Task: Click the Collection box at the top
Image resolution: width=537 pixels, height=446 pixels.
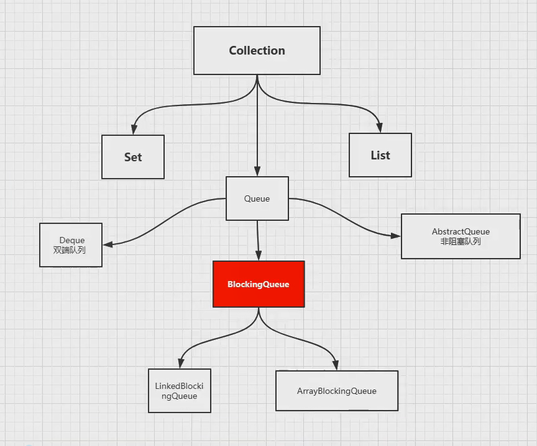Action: [x=257, y=50]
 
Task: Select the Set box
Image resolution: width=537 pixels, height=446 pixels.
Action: [x=133, y=157]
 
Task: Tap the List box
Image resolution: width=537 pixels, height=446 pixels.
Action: [x=380, y=155]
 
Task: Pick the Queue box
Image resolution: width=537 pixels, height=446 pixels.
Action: [x=257, y=198]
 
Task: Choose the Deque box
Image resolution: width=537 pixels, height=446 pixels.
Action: [x=71, y=244]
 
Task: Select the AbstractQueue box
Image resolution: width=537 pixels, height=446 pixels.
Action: [x=461, y=236]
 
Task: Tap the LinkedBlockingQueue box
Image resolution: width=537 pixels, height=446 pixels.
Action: [x=180, y=391]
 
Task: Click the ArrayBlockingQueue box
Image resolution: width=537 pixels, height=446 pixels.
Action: [x=336, y=391]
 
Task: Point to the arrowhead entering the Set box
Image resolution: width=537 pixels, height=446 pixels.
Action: [x=133, y=130]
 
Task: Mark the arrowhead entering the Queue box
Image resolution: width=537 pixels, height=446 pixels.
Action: [x=257, y=172]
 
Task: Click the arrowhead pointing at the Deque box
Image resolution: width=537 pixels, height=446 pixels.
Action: [x=108, y=244]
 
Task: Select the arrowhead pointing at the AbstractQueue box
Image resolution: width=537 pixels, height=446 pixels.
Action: [x=395, y=236]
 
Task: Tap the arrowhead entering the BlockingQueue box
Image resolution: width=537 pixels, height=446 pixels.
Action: [x=259, y=256]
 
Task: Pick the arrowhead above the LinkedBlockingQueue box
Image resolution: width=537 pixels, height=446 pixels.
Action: [x=180, y=364]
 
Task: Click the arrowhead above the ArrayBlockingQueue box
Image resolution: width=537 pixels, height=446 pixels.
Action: [x=336, y=365]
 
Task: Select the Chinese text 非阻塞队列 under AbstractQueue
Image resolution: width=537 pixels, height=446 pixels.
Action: [x=461, y=241]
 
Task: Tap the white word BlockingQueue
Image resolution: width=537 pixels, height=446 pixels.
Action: [x=259, y=284]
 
